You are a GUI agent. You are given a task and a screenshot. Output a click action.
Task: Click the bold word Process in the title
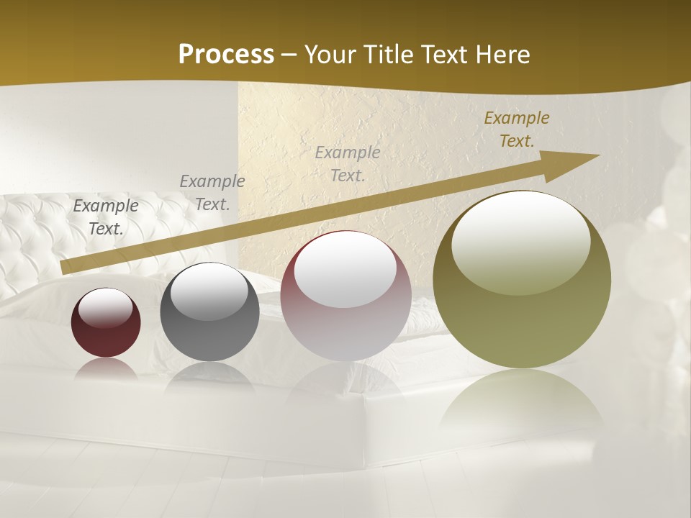point(226,54)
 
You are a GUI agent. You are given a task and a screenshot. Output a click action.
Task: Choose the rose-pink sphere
point(345,296)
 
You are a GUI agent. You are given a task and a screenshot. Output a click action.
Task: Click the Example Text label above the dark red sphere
point(106,217)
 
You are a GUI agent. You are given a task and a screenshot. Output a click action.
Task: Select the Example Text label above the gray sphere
point(212,193)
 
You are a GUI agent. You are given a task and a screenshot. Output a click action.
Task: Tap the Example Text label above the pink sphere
point(348,163)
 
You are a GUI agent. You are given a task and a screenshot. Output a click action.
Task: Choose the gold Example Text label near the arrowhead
point(516,129)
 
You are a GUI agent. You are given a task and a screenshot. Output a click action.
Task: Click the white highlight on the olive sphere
point(520,242)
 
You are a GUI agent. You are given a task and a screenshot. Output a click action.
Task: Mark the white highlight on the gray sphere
point(209,291)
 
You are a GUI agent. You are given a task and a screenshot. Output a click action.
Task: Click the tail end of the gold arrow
point(65,268)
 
